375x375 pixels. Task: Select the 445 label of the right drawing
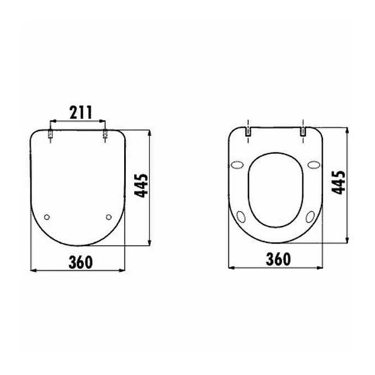coord(340,182)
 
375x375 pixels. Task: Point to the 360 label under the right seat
coord(278,259)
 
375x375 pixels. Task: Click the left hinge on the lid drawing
coord(50,135)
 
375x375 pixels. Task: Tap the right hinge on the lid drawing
coord(105,135)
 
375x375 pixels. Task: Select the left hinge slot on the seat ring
coord(248,131)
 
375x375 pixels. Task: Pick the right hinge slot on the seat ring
coord(303,131)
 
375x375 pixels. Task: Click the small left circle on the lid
coord(47,217)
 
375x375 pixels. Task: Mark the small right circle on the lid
coord(109,217)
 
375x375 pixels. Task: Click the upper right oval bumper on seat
coord(314,165)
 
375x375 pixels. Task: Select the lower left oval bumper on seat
coord(241,217)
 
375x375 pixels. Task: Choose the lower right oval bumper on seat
coord(310,217)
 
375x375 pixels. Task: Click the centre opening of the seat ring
coord(275,190)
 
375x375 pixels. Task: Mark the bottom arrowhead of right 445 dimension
coord(347,240)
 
